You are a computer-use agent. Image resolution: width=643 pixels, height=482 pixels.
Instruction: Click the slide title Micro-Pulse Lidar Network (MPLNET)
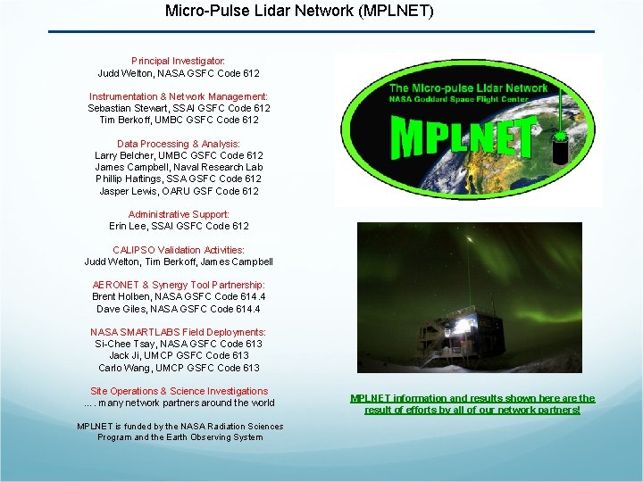click(x=299, y=12)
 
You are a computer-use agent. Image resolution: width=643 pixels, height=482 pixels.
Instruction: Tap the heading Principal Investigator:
click(x=179, y=61)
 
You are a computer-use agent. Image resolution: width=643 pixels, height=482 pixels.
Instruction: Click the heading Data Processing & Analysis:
click(x=179, y=144)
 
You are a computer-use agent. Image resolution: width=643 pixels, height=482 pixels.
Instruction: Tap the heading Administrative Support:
click(x=179, y=214)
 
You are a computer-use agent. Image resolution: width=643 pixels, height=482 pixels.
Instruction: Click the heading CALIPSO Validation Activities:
click(x=179, y=250)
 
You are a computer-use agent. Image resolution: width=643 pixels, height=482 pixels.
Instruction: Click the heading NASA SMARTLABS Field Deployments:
click(x=179, y=332)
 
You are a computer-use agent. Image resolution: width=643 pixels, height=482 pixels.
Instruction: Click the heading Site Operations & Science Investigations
click(x=179, y=391)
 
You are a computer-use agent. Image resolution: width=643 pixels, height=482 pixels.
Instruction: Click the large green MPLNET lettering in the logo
click(x=463, y=139)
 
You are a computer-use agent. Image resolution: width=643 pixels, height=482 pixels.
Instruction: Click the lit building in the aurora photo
click(x=465, y=332)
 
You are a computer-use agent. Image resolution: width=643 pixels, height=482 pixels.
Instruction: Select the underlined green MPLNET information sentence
click(x=472, y=404)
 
